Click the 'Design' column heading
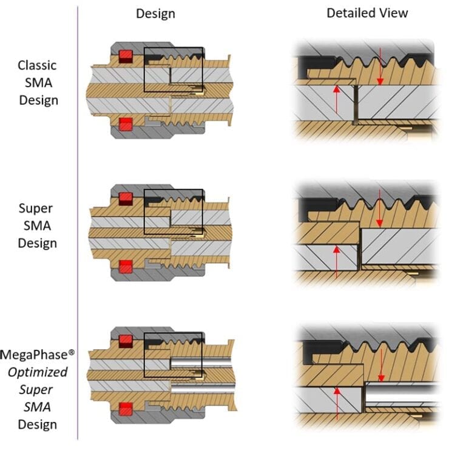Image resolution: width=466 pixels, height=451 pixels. pyautogui.click(x=155, y=13)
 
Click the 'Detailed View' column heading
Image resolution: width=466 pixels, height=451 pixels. pyautogui.click(x=367, y=13)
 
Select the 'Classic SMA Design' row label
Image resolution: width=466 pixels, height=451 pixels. pyautogui.click(x=38, y=82)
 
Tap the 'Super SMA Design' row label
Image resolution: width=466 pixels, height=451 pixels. pyautogui.click(x=38, y=225)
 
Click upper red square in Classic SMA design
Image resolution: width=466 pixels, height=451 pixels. pyautogui.click(x=126, y=56)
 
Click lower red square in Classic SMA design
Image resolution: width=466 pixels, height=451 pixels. pyautogui.click(x=126, y=124)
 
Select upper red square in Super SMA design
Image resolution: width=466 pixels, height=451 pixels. pyautogui.click(x=126, y=198)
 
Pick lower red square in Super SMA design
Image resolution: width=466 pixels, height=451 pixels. pyautogui.click(x=126, y=266)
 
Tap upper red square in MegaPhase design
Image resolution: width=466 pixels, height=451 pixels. pyautogui.click(x=126, y=341)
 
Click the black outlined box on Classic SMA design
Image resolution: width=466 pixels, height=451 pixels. pyautogui.click(x=173, y=69)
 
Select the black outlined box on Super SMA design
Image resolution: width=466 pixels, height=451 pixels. pyautogui.click(x=173, y=212)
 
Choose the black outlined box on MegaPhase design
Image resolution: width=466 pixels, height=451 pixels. pyautogui.click(x=173, y=354)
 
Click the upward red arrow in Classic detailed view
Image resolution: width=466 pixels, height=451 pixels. pyautogui.click(x=336, y=100)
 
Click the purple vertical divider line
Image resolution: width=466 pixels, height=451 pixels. pyautogui.click(x=78, y=224)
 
